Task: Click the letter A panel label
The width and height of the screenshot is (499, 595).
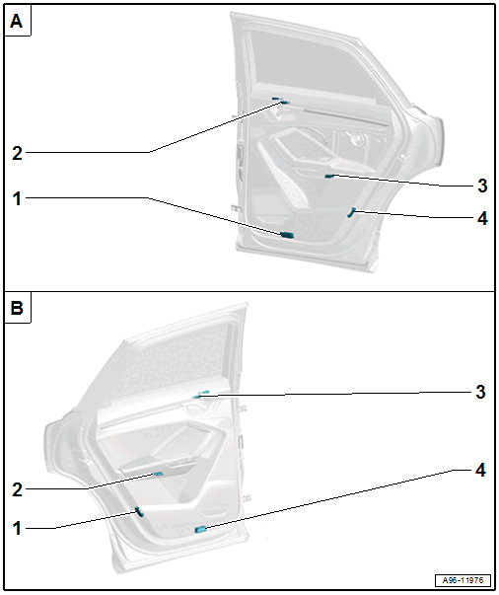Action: pyautogui.click(x=17, y=21)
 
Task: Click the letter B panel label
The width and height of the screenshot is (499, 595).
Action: pyautogui.click(x=17, y=308)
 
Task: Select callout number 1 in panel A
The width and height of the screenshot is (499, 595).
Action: pyautogui.click(x=17, y=198)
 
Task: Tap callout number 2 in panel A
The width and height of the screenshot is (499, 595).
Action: pyautogui.click(x=17, y=153)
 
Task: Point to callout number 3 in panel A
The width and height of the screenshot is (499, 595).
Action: pyautogui.click(x=482, y=186)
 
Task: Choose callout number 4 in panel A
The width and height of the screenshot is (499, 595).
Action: pyautogui.click(x=482, y=218)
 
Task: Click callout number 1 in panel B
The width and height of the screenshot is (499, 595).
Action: pyautogui.click(x=17, y=528)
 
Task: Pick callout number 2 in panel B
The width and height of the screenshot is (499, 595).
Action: pyautogui.click(x=17, y=489)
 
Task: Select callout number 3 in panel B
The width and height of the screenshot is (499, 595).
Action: pyautogui.click(x=480, y=392)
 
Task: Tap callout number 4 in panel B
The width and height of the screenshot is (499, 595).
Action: pyautogui.click(x=480, y=470)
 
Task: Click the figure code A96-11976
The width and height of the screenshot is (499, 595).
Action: pyautogui.click(x=463, y=580)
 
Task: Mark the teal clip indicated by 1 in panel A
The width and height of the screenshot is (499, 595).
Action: pyautogui.click(x=287, y=235)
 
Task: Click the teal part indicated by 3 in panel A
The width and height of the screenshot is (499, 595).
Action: pyautogui.click(x=329, y=176)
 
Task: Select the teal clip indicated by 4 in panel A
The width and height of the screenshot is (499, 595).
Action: pyautogui.click(x=351, y=212)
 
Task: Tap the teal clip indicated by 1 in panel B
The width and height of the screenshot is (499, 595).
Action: pyautogui.click(x=139, y=512)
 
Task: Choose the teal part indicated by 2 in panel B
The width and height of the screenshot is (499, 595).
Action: pyautogui.click(x=158, y=474)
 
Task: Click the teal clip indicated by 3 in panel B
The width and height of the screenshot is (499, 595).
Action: pyautogui.click(x=201, y=395)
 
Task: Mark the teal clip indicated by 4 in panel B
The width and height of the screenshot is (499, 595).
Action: pyautogui.click(x=200, y=529)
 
